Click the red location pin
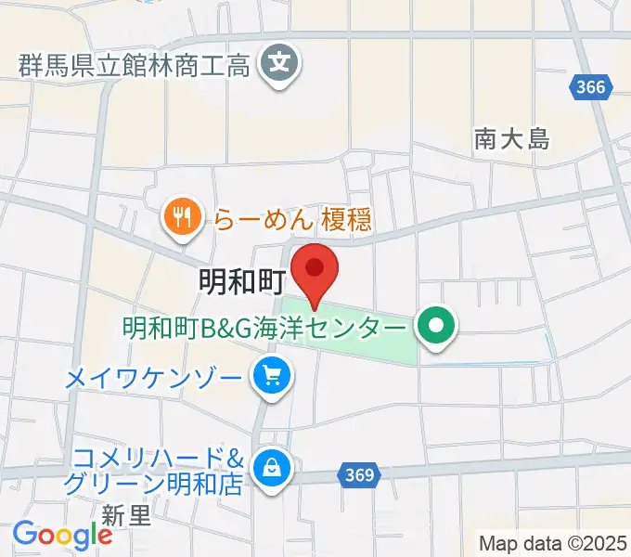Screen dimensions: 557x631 [x=315, y=270]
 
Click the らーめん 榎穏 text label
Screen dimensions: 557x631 [x=293, y=219]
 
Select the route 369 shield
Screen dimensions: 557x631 [x=357, y=475]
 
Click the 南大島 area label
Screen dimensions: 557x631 [x=511, y=139]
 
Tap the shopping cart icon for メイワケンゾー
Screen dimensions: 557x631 [x=273, y=377]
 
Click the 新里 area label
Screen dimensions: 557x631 [x=126, y=514]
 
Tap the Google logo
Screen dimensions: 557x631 [x=62, y=535]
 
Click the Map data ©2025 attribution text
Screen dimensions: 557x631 [x=551, y=542]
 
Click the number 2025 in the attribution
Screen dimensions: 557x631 [x=602, y=542]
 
